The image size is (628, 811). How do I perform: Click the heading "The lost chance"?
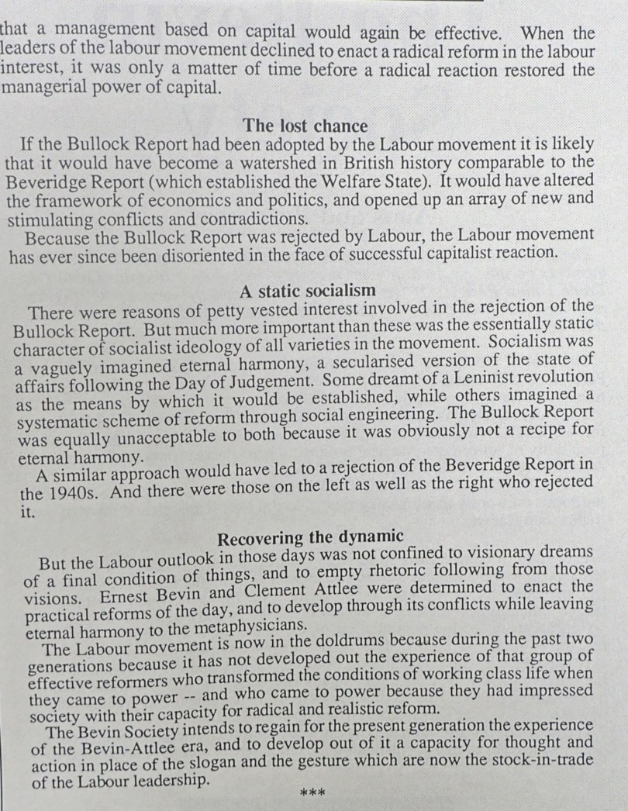(305, 125)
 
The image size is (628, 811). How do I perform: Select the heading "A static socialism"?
(307, 291)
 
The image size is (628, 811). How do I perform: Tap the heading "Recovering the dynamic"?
(310, 537)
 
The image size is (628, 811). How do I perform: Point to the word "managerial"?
(40, 88)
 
